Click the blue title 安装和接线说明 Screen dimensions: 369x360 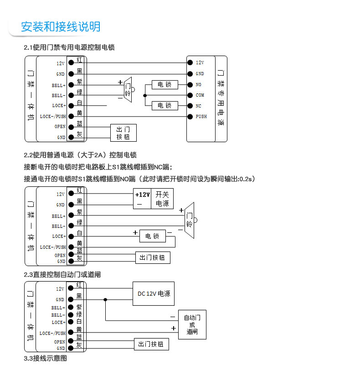[x=61, y=27]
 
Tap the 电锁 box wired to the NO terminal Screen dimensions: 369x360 [x=165, y=85]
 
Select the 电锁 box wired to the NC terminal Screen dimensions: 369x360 [x=165, y=105]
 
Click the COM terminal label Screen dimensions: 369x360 [x=200, y=95]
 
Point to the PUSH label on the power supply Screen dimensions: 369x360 [x=201, y=117]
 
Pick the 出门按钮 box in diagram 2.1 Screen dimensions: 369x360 [x=123, y=133]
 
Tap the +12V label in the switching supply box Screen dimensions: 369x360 [x=142, y=195]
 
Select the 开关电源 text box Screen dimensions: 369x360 [x=162, y=199]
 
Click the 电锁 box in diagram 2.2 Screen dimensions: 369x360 [x=152, y=236]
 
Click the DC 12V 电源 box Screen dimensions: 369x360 [x=154, y=294]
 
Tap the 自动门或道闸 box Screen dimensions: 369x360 [x=192, y=324]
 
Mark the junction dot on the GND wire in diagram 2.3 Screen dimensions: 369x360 [x=105, y=299]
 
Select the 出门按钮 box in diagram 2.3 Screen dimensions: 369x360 [x=151, y=344]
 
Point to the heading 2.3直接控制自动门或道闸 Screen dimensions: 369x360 [x=62, y=275]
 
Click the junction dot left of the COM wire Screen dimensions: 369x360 [x=145, y=95]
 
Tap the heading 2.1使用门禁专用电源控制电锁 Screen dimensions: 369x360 [x=69, y=47]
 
